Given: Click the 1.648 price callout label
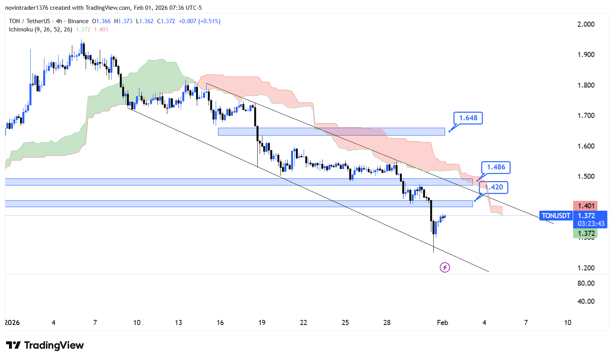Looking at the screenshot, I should coord(468,118).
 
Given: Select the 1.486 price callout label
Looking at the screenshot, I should coord(496,167).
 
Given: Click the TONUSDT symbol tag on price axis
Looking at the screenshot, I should coord(556,215).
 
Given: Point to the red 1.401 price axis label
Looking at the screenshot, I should coord(586,206).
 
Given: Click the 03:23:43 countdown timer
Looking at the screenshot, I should coord(591,224).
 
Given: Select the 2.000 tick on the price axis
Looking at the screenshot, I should coord(586,24).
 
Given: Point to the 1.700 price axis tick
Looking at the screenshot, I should coord(586,116).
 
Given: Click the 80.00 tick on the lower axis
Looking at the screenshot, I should coord(586,283).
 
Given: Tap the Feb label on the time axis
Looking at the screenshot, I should coord(442,323).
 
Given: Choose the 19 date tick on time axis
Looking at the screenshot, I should coord(262,323).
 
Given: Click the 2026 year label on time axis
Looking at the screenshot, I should coord(12,323).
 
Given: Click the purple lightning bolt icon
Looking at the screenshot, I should coord(445,268).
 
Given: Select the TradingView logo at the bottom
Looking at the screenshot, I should coord(45,345).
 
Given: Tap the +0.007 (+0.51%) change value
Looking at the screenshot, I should coord(200,21).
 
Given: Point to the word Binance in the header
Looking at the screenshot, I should coord(78,21).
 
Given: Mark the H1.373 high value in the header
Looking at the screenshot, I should coord(126,21).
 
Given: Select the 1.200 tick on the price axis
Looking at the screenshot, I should coord(586,268).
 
